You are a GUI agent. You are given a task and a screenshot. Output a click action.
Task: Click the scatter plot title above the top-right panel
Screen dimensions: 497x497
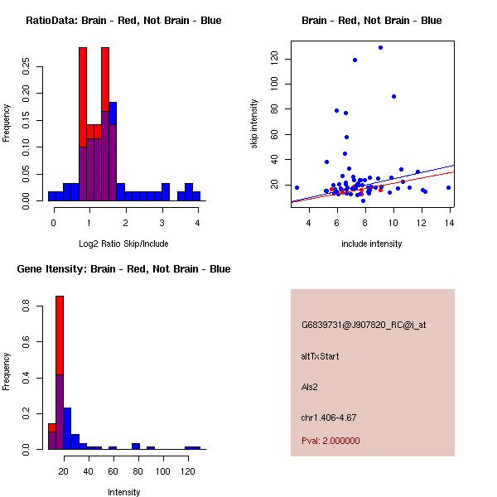pos(372,21)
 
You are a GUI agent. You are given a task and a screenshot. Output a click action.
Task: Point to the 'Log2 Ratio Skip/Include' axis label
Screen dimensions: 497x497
pos(124,244)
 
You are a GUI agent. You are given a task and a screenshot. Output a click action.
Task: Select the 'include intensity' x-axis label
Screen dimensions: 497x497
pos(372,244)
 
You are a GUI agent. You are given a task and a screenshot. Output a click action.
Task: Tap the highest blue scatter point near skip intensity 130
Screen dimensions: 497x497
pos(380,47)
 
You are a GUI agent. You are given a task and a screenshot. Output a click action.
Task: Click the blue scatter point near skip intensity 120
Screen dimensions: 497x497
pos(355,60)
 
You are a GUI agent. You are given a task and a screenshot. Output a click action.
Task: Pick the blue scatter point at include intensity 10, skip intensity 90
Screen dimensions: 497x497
pos(393,96)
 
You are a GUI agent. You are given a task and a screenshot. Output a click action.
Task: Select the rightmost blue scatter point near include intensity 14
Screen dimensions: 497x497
pos(448,187)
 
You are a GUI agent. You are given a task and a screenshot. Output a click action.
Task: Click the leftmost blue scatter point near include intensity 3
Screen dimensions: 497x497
pos(297,187)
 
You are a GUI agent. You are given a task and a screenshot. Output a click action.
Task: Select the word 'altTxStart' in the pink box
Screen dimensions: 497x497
pos(321,356)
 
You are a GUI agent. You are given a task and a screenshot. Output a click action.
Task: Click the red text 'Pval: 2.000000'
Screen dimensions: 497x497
pos(331,441)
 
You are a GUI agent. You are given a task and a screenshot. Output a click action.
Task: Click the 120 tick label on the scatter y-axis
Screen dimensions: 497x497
pos(273,58)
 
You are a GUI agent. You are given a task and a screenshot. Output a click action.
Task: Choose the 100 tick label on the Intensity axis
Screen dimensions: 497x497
pos(163,471)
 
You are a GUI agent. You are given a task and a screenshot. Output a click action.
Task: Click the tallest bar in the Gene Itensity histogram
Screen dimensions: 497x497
pos(60,373)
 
